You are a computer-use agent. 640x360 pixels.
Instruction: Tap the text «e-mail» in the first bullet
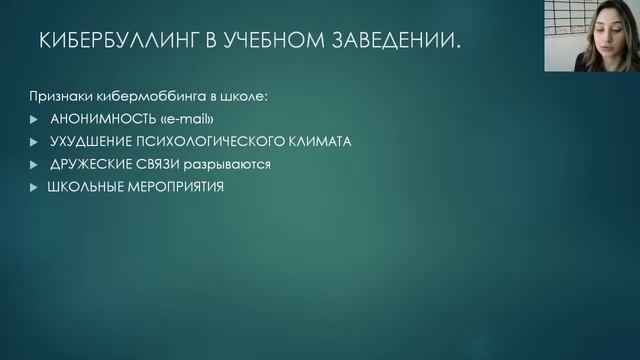(x=175, y=119)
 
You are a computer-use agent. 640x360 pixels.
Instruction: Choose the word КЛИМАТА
(x=320, y=141)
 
